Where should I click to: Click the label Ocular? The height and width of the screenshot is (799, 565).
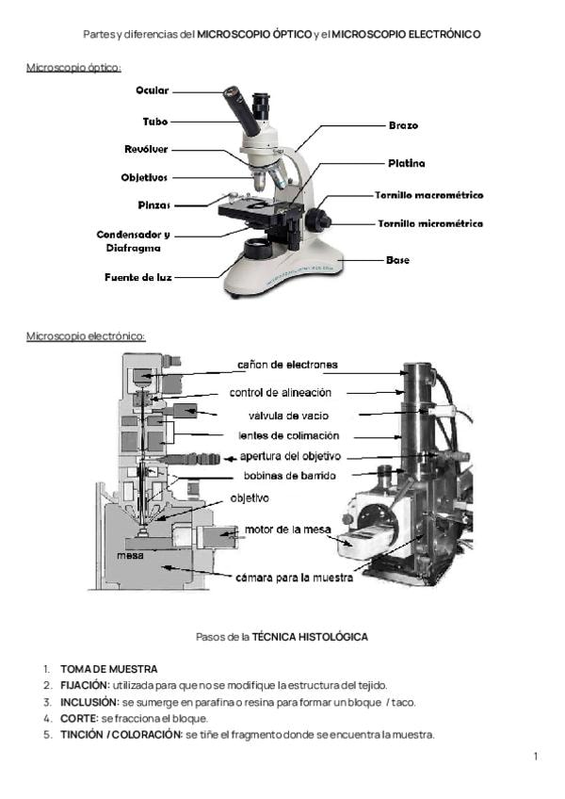pos(152,90)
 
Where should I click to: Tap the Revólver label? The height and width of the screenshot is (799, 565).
pos(146,149)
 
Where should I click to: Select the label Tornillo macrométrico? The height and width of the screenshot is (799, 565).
pos(429,195)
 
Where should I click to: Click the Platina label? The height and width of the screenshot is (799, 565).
pos(406,163)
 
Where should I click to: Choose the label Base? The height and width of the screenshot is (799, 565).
pos(397,259)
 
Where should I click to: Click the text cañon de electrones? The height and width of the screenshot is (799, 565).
pos(287,365)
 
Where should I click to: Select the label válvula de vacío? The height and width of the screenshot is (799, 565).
pos(288,415)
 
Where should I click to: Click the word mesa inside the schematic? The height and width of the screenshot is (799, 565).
pos(129,555)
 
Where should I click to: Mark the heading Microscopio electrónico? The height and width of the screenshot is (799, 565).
pos(86,335)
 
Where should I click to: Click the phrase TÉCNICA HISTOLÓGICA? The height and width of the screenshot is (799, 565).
pos(310,637)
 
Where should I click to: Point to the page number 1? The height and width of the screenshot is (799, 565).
pos(535,757)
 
